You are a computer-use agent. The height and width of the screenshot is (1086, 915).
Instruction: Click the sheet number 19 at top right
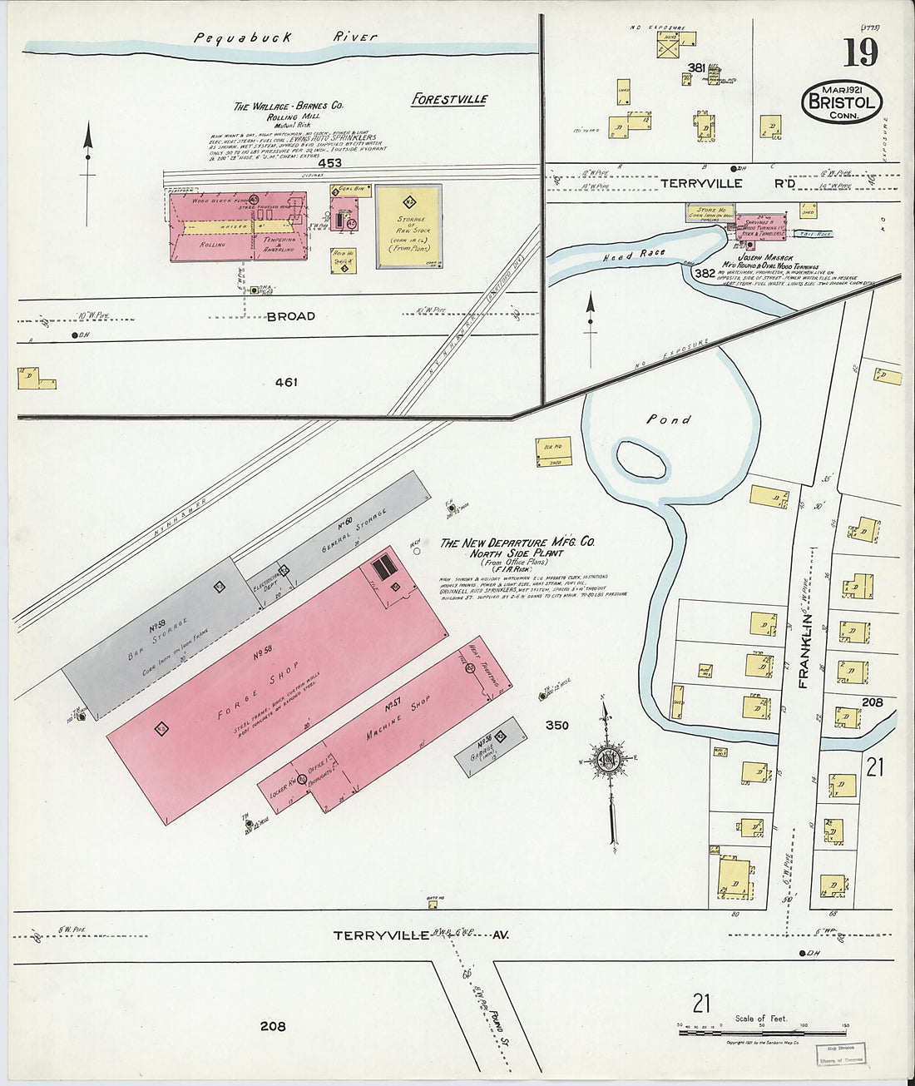pos(861,52)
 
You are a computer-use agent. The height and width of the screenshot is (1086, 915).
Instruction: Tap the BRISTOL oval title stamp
pos(841,102)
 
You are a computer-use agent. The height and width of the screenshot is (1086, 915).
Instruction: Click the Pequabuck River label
pos(285,37)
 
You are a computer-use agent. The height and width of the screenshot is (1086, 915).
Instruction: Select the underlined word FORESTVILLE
pos(450,99)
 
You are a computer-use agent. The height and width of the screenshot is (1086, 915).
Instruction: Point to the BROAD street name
pos(290,316)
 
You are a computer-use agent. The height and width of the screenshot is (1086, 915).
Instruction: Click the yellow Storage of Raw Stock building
pos(408,226)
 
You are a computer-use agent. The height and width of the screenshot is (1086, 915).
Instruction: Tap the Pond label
pos(669,419)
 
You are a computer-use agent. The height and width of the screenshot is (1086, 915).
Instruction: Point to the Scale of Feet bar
pos(761,1033)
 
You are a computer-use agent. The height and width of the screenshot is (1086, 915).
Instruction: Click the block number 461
pos(286,383)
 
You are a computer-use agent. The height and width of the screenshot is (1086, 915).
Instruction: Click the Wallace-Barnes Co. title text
pos(288,107)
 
